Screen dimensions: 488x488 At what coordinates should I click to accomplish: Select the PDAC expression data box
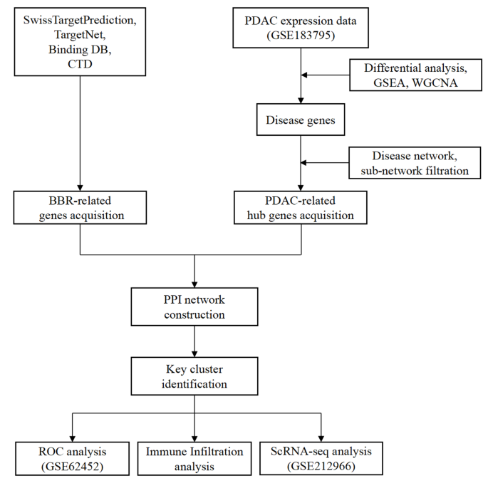(301, 29)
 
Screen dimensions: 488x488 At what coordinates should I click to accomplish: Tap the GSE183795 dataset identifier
(301, 37)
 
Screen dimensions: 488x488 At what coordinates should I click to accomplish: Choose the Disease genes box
(301, 121)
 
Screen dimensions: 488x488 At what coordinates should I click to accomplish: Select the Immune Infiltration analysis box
(194, 458)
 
